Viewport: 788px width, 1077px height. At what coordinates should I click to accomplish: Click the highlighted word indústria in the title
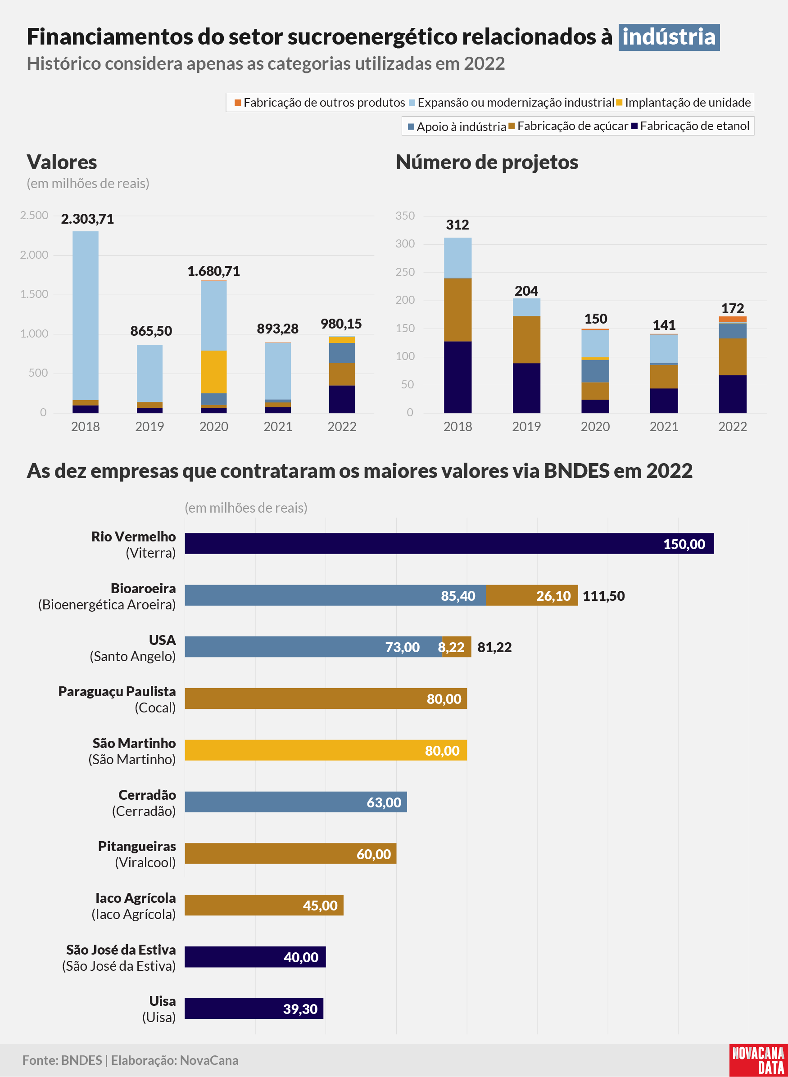click(x=669, y=37)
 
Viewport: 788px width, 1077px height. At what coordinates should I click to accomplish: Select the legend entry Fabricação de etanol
click(x=690, y=126)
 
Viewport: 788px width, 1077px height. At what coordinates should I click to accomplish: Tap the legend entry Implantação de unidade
click(x=684, y=103)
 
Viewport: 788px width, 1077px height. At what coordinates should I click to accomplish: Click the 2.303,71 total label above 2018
click(x=87, y=219)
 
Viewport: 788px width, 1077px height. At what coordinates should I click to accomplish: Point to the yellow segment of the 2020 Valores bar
click(x=214, y=372)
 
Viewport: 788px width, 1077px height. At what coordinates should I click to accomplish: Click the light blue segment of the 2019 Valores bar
click(x=150, y=373)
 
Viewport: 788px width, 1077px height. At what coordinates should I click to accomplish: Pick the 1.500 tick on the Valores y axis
click(x=34, y=294)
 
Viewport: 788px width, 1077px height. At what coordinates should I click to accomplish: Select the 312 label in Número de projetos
click(x=457, y=225)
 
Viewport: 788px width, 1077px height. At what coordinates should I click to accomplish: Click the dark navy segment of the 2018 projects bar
click(x=458, y=377)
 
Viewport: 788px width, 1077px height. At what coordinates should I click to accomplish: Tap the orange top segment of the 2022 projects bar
click(x=733, y=320)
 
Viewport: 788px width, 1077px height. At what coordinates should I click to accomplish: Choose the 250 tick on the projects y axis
click(x=405, y=272)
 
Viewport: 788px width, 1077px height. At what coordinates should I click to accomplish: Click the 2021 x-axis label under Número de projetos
click(x=664, y=427)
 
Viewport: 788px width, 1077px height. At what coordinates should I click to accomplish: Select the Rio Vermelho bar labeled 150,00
click(x=449, y=544)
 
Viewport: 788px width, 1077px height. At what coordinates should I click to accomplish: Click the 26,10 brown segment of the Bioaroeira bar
click(x=532, y=595)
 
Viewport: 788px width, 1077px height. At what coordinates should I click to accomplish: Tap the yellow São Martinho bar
click(x=326, y=750)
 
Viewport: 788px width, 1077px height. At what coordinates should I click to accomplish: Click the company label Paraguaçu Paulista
click(x=117, y=691)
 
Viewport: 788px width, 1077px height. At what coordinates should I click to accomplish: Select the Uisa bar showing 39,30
click(x=254, y=1008)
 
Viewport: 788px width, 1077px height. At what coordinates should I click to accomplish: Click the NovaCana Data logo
click(x=758, y=1060)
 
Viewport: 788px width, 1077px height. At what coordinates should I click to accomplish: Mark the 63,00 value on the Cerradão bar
click(x=384, y=802)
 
